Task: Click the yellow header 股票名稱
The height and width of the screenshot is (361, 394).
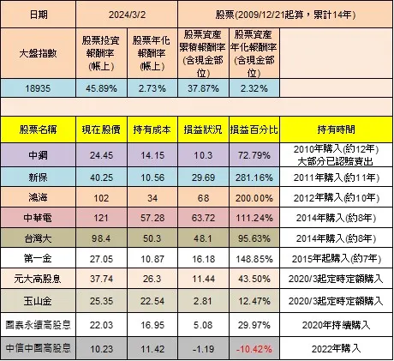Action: (x=38, y=129)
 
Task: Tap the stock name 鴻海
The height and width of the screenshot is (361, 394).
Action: (x=38, y=196)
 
